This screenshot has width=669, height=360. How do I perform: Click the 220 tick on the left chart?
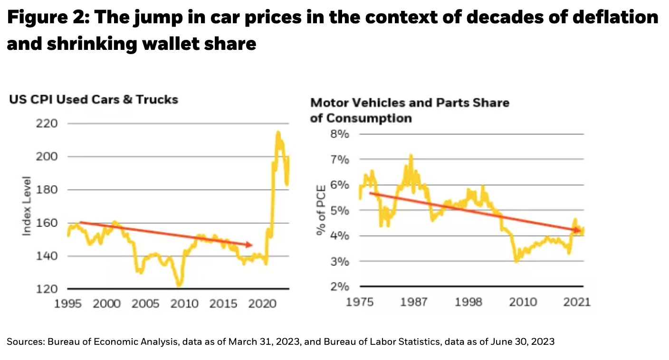pos(47,124)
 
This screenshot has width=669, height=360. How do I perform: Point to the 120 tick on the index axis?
pos(47,289)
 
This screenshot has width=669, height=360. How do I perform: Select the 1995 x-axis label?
pos(68,303)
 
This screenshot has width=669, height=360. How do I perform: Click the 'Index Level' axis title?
pos(27,206)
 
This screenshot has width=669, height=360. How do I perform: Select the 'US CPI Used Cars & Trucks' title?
pos(94,99)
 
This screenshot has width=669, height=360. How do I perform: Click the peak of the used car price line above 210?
pos(278,133)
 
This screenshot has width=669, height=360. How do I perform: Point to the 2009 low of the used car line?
pos(179,286)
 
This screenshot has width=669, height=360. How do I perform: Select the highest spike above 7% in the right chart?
pos(411,155)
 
